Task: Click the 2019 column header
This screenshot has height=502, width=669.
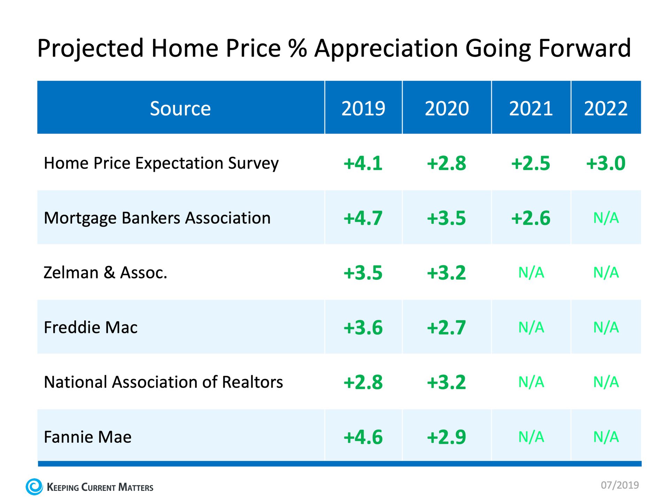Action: [363, 108]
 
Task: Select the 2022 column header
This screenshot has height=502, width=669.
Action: [606, 108]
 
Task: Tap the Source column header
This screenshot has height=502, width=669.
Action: [180, 108]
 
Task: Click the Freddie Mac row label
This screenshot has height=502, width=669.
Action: [91, 327]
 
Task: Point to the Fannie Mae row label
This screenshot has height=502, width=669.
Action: [87, 437]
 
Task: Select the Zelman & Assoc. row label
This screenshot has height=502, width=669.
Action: [105, 273]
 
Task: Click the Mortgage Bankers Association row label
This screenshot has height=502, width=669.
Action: [157, 218]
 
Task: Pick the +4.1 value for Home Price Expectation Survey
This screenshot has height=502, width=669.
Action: [363, 163]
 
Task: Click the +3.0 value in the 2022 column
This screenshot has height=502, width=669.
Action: [606, 163]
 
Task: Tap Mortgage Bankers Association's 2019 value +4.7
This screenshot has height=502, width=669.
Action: [363, 218]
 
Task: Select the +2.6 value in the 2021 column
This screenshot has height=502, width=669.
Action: [531, 218]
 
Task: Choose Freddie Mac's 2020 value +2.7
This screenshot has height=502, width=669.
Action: [446, 327]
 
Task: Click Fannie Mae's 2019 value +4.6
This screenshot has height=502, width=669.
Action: [363, 437]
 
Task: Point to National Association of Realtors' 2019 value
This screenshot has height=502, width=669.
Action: [363, 382]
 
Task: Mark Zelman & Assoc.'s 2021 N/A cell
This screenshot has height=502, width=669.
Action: [531, 273]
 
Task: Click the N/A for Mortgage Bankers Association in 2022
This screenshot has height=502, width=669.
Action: [606, 218]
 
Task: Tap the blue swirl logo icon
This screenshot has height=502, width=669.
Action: [34, 487]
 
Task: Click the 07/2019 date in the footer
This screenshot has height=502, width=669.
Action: [620, 485]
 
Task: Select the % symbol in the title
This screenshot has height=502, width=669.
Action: [298, 48]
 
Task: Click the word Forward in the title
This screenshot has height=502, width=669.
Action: [585, 48]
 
